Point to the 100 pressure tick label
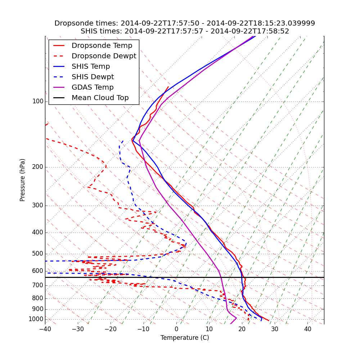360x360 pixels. click(38, 102)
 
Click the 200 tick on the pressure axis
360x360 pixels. click(38, 167)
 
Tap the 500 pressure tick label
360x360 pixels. click(38, 254)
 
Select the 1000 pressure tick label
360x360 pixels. click(36, 319)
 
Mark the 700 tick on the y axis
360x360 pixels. click(38, 285)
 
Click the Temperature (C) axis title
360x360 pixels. click(185, 338)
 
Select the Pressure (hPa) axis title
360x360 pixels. click(23, 180)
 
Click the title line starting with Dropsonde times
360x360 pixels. click(185, 23)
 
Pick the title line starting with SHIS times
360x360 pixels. click(185, 31)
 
